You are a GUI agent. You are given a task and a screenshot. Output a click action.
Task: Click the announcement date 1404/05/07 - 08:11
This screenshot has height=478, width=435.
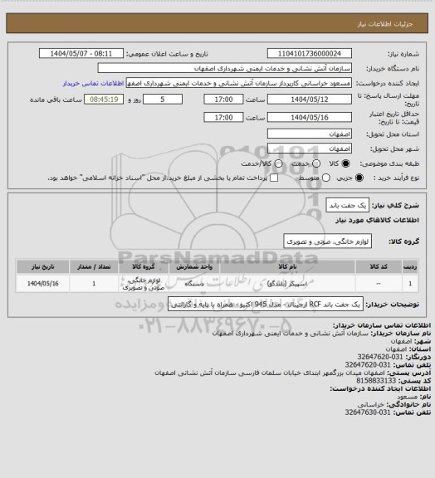[93, 53]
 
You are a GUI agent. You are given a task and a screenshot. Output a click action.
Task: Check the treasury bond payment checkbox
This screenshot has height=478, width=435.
[273, 178]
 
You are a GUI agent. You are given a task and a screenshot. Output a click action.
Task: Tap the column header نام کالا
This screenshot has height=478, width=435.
[282, 267]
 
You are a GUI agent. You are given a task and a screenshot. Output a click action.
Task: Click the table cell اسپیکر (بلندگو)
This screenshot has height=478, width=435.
[282, 284]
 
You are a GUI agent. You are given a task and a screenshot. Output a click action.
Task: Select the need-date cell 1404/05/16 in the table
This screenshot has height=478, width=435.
[44, 284]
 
